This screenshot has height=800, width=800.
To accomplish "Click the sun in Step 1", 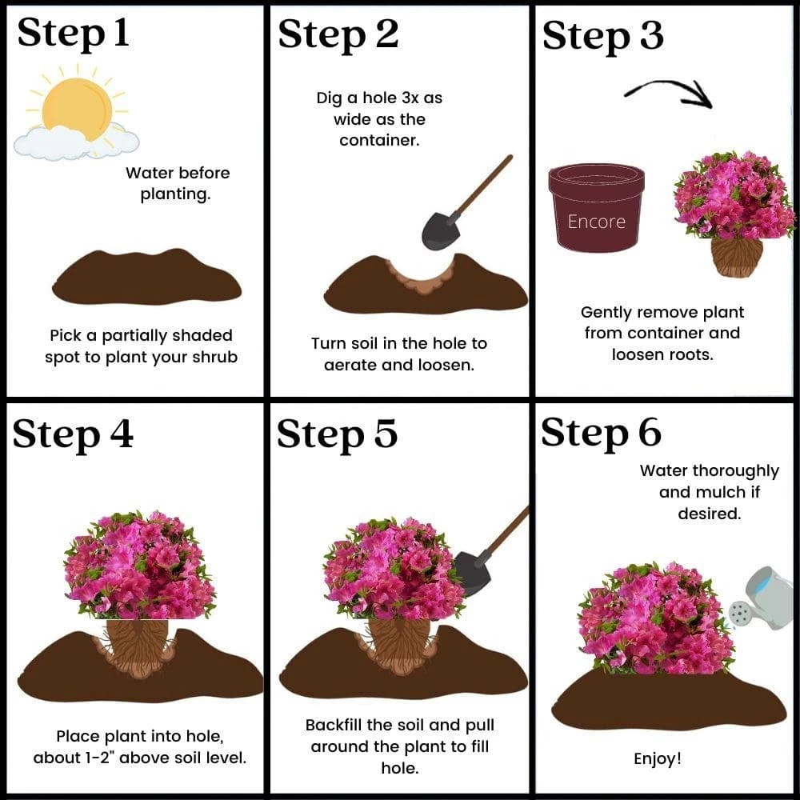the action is click(77, 108).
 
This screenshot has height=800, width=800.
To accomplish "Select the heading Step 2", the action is click(338, 36).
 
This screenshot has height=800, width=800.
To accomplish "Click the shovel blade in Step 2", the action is click(440, 230).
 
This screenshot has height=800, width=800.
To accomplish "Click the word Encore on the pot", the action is click(597, 222).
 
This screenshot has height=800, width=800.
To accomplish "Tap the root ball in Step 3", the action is click(737, 257).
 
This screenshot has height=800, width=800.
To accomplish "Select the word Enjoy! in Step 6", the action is click(657, 758).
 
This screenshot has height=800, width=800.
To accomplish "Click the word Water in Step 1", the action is click(149, 173).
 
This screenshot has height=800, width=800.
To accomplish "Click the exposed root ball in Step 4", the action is click(138, 644).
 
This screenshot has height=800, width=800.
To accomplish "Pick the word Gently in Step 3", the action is click(606, 313).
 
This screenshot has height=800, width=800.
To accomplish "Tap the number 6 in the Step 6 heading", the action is click(649, 433).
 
